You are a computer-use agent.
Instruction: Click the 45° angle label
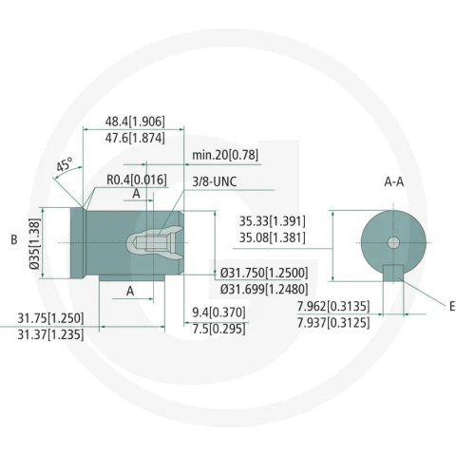tap(65, 164)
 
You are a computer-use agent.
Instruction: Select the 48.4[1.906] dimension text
tap(135, 122)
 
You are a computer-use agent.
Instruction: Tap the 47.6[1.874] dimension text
tap(135, 138)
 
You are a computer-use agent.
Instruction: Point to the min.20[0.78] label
tap(225, 155)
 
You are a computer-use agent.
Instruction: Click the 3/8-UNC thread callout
tap(215, 181)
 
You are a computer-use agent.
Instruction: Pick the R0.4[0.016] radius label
tap(137, 180)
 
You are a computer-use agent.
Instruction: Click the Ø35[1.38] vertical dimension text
tap(35, 243)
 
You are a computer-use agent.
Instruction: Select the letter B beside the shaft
tap(14, 239)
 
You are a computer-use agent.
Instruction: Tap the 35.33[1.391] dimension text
tap(273, 221)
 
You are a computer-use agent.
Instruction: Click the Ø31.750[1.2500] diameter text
tap(264, 273)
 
